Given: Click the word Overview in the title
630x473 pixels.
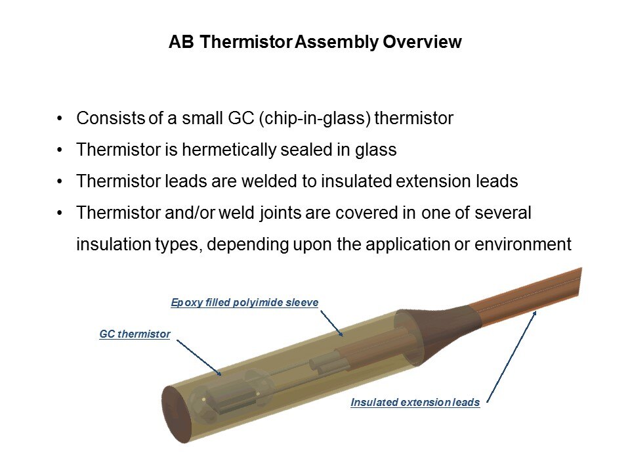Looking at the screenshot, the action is [x=422, y=42].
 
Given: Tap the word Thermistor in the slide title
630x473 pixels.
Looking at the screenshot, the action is [x=246, y=42].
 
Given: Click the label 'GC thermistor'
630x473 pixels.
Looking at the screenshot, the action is [x=135, y=334].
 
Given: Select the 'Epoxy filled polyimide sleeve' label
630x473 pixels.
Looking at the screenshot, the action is [x=245, y=302].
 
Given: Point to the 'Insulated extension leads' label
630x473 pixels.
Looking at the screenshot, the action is [x=415, y=402].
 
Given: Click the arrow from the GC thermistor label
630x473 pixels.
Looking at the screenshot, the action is [x=199, y=357].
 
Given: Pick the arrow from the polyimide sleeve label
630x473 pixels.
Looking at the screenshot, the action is [x=331, y=323].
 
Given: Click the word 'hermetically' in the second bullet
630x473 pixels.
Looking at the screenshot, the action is [x=228, y=150].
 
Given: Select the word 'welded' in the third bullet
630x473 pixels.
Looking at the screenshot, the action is [x=269, y=181].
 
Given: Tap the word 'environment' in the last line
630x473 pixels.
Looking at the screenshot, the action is [x=523, y=244].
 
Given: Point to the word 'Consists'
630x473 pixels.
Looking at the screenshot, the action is [x=110, y=118].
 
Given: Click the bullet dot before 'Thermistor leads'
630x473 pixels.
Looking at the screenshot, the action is [x=60, y=182].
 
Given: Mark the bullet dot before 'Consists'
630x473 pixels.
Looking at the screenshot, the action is [x=60, y=119].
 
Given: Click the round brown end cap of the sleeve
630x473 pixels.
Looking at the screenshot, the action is [x=175, y=415].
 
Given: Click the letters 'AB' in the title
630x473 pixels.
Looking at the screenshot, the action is [x=181, y=42].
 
